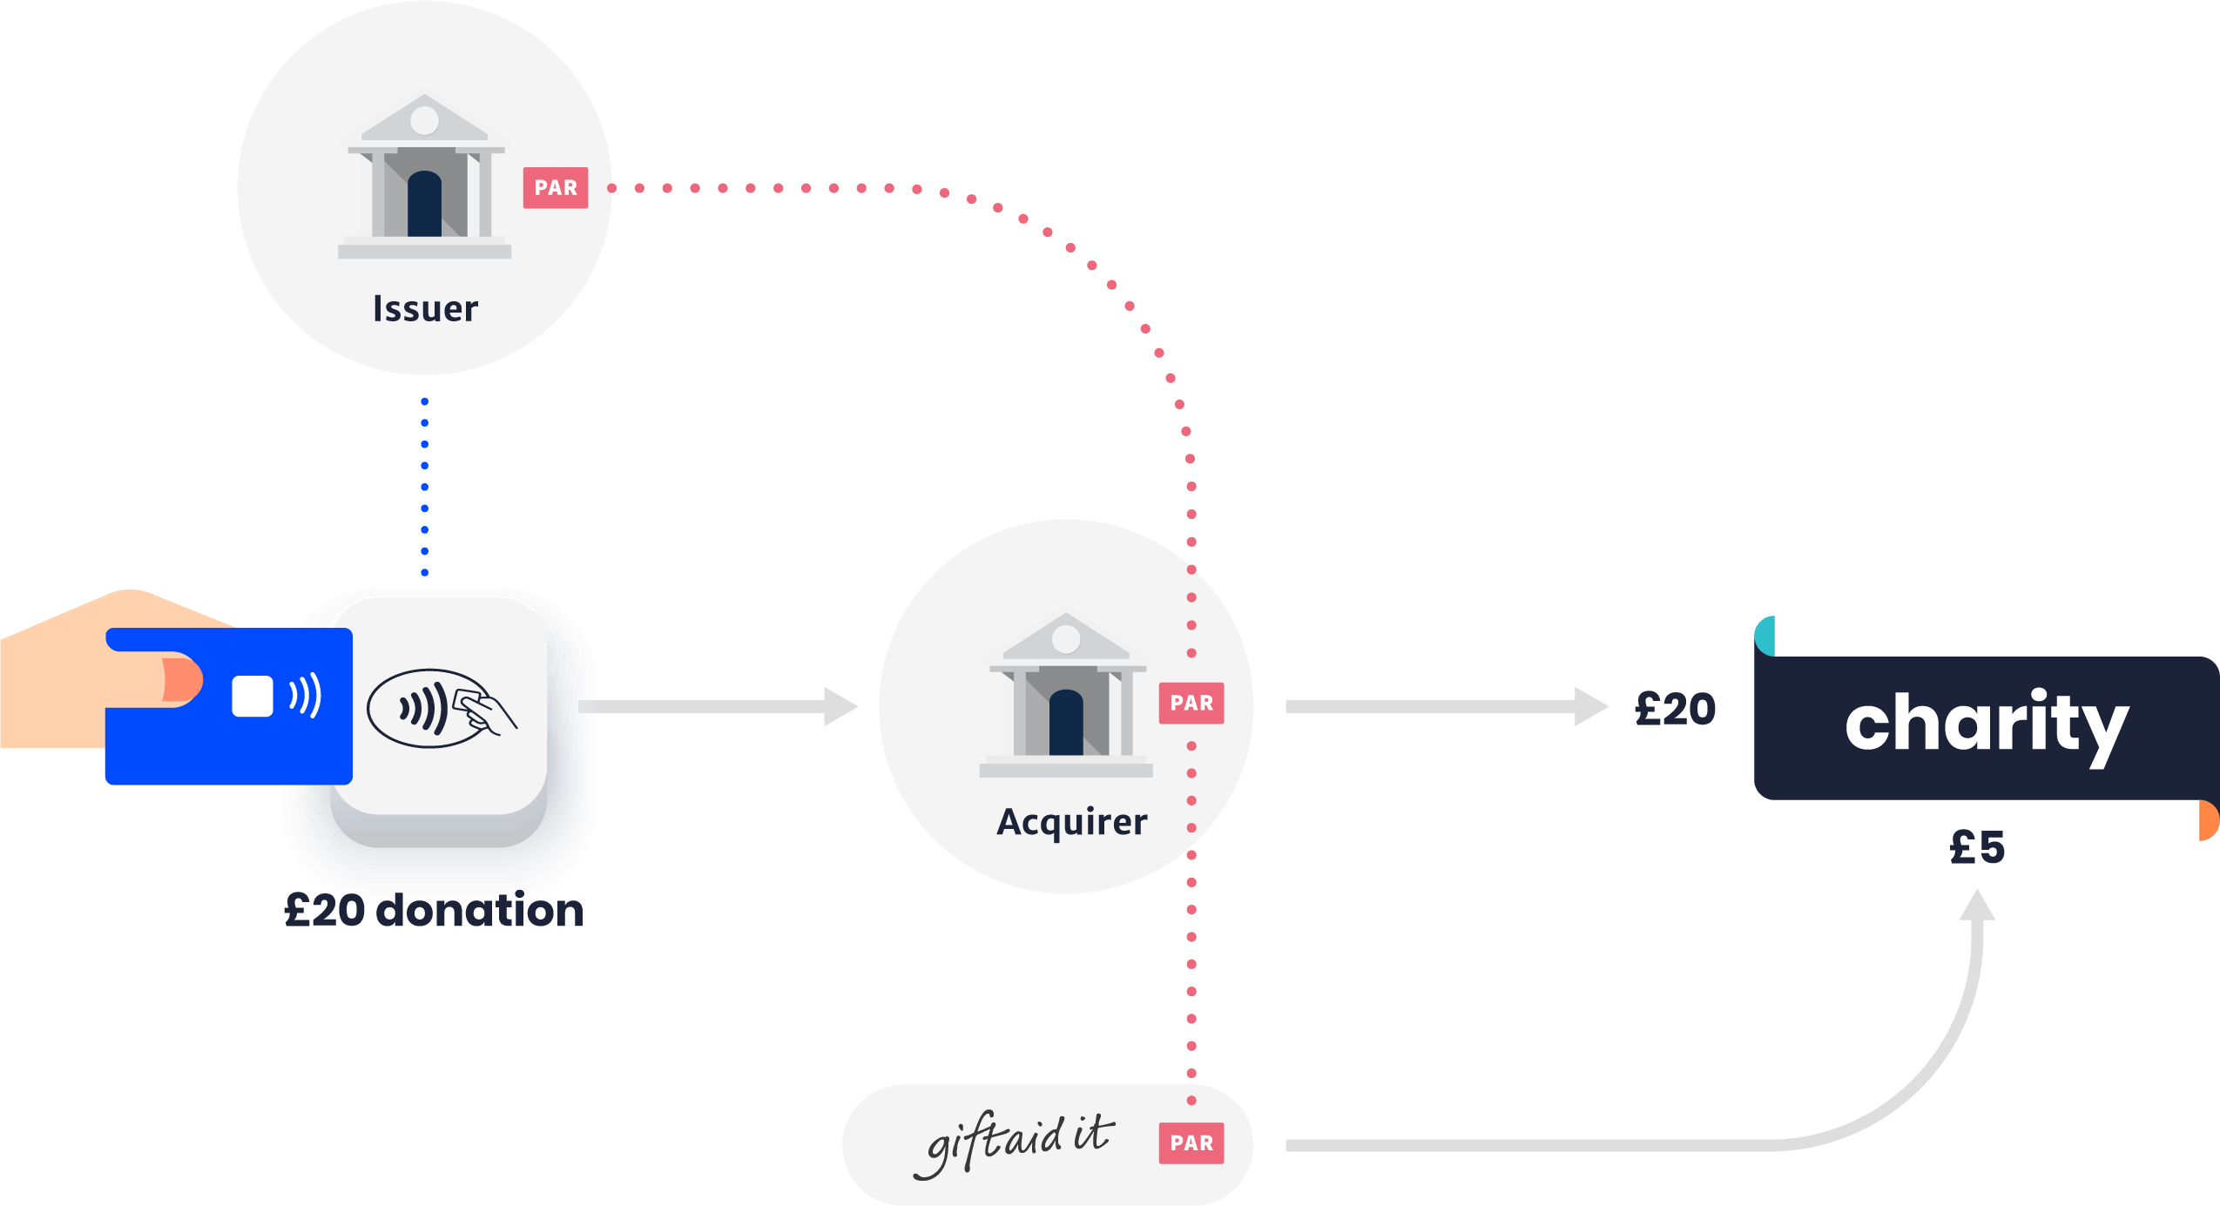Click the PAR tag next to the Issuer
[555, 187]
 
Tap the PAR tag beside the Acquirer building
[1191, 703]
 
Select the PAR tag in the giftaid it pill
[1191, 1142]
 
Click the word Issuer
[425, 309]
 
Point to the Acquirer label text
[1071, 822]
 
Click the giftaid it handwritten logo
[1015, 1142]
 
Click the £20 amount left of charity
[1675, 709]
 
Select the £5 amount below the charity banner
[1977, 846]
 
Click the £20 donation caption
[434, 911]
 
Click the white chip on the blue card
[253, 697]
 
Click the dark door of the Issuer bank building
[424, 205]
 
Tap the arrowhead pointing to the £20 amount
[1590, 706]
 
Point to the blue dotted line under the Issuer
[424, 486]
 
